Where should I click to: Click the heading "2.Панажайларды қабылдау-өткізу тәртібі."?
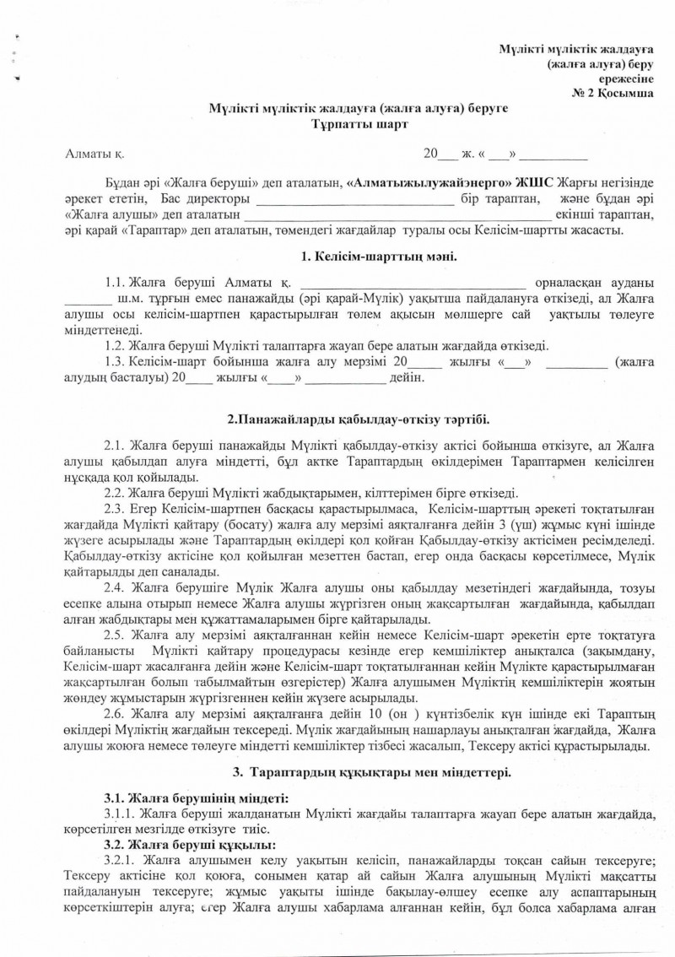[359, 419]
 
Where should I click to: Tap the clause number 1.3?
[115, 361]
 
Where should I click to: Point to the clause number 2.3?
[115, 509]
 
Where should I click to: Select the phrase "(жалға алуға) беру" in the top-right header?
[599, 63]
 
